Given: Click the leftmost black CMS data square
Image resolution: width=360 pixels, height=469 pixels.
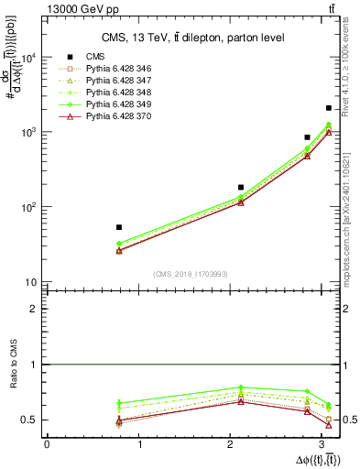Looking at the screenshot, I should (119, 227).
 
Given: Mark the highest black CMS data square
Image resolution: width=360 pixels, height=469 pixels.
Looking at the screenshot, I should (329, 108).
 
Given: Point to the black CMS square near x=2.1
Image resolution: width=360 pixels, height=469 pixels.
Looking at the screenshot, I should (241, 187).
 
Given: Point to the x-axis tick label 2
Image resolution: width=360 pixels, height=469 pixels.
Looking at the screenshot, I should (234, 444).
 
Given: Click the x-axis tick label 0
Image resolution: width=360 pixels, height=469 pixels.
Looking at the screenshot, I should (47, 444).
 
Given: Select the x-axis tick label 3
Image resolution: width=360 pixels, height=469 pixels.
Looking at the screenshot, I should (326, 444).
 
